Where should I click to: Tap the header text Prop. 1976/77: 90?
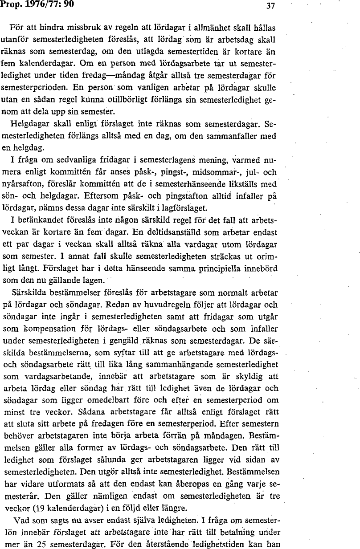[x=37, y=4]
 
